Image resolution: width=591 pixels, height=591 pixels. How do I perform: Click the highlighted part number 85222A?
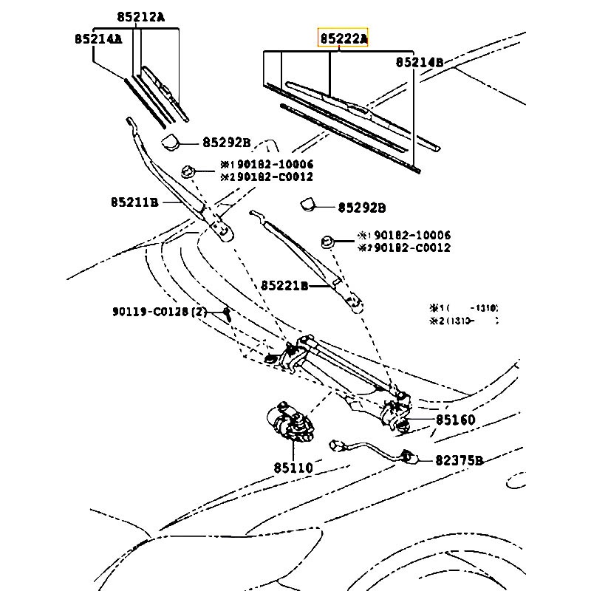343,38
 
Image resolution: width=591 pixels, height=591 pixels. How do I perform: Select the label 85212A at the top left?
140,17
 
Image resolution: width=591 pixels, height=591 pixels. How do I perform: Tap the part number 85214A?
98,38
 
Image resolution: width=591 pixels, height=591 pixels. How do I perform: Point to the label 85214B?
419,62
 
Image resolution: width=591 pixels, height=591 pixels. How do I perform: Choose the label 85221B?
284,285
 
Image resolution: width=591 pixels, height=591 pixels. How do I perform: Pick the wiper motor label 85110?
293,468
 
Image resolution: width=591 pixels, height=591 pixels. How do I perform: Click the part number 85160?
455,420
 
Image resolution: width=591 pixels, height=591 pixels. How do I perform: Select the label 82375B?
459,460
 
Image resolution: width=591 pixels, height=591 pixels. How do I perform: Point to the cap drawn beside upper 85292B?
171,141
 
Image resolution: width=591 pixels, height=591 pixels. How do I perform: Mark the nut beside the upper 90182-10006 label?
188,171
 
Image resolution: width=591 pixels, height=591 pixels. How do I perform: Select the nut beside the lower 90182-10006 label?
327,240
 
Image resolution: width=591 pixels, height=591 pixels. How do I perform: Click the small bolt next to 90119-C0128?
228,313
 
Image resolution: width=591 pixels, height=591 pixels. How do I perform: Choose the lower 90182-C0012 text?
409,248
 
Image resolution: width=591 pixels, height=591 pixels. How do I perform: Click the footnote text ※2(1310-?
464,321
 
